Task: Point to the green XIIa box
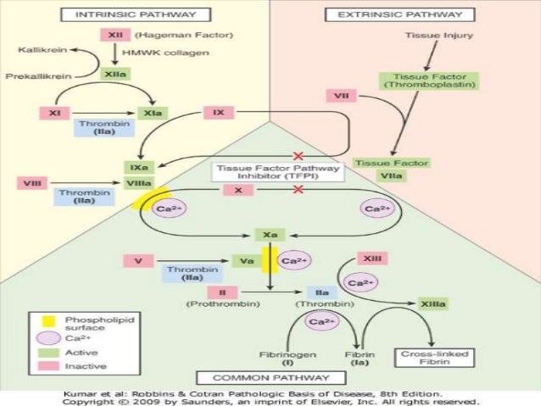click(x=114, y=75)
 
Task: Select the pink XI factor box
click(x=53, y=112)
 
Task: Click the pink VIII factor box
click(x=31, y=181)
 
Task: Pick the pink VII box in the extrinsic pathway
click(x=340, y=97)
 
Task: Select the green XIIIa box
click(x=434, y=302)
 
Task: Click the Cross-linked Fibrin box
click(x=423, y=357)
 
